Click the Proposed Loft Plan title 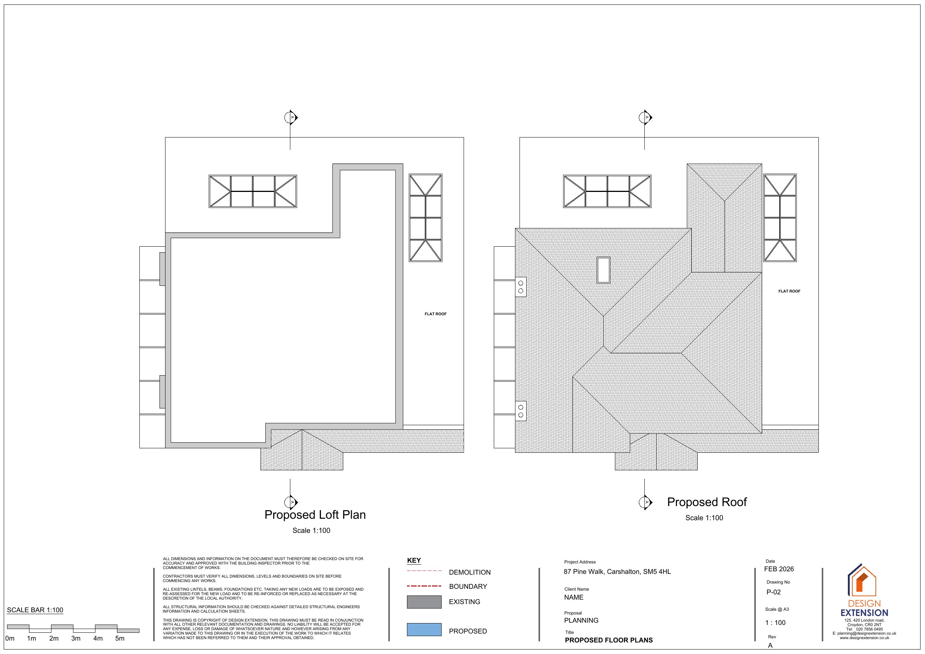pyautogui.click(x=315, y=515)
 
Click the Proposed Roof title pyautogui.click(x=707, y=502)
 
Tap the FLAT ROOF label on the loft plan pyautogui.click(x=436, y=314)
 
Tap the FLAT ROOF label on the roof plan pyautogui.click(x=789, y=291)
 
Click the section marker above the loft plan pyautogui.click(x=291, y=118)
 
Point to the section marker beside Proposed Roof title pyautogui.click(x=645, y=502)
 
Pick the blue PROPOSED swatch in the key pyautogui.click(x=424, y=629)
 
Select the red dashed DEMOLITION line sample pyautogui.click(x=424, y=571)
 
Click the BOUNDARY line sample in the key pyautogui.click(x=424, y=586)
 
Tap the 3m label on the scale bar pyautogui.click(x=76, y=639)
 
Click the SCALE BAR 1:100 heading pyautogui.click(x=35, y=610)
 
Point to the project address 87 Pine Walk pyautogui.click(x=617, y=572)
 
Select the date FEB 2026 pyautogui.click(x=779, y=569)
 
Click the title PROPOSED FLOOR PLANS pyautogui.click(x=609, y=640)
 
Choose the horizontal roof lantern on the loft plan pyautogui.click(x=253, y=192)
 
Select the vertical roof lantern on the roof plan pyautogui.click(x=780, y=218)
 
